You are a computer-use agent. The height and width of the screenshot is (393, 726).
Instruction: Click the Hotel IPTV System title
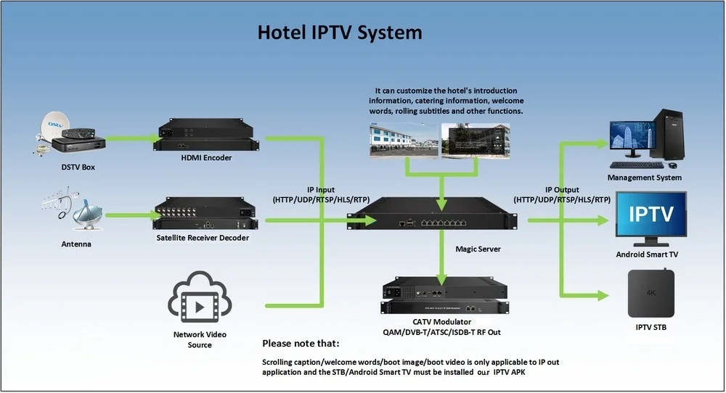(340, 33)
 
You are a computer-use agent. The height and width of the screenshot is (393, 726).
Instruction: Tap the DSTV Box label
(78, 167)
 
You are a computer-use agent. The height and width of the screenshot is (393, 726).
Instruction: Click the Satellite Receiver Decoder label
(203, 238)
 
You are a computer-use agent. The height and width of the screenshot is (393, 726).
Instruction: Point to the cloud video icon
(200, 297)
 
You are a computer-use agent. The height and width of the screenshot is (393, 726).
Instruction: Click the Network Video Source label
(200, 339)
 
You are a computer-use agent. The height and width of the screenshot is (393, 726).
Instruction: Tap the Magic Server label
(478, 249)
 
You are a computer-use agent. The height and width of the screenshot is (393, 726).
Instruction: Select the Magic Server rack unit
(432, 213)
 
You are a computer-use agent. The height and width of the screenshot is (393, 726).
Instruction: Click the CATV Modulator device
(444, 295)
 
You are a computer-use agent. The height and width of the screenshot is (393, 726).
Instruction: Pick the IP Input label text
(321, 194)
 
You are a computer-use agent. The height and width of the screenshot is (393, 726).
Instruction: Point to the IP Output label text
(562, 194)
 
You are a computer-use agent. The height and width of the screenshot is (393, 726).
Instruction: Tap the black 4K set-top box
(651, 293)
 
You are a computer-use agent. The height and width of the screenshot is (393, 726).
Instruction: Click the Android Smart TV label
(647, 255)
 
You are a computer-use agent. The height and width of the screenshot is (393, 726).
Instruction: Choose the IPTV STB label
(650, 327)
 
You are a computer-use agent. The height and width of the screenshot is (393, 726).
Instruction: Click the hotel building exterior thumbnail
(404, 141)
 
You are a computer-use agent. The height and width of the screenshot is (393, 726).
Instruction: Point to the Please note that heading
(301, 344)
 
